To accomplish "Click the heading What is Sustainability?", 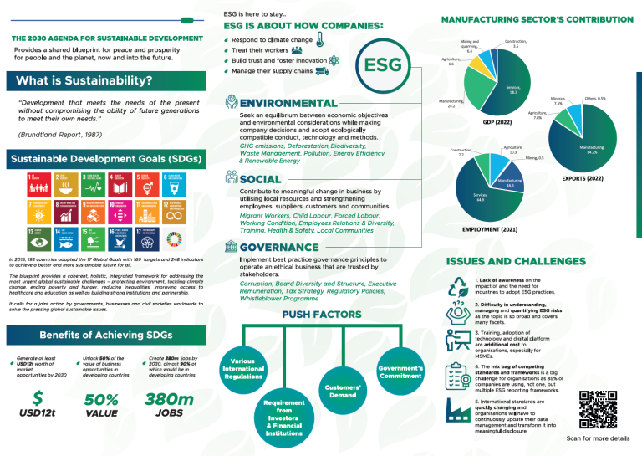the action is click(80, 81).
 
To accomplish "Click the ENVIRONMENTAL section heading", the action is click(288, 102).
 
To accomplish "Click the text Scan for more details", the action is click(597, 438).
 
